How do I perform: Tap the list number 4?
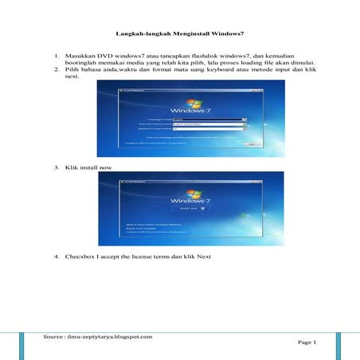point(57,257)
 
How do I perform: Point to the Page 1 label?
point(307,342)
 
